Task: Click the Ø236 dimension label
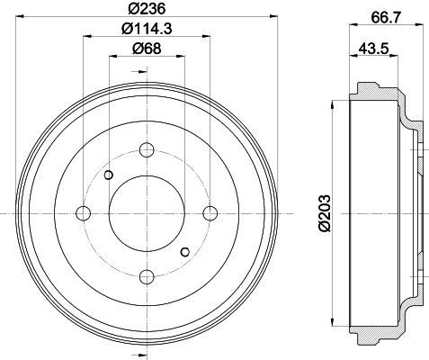click(x=147, y=9)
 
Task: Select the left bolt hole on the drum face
click(x=84, y=213)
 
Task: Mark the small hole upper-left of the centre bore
click(x=108, y=174)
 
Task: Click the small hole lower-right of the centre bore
click(x=186, y=252)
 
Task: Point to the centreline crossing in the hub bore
click(x=147, y=213)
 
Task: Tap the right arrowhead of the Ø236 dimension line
click(x=273, y=17)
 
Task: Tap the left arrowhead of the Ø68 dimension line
click(x=112, y=57)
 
